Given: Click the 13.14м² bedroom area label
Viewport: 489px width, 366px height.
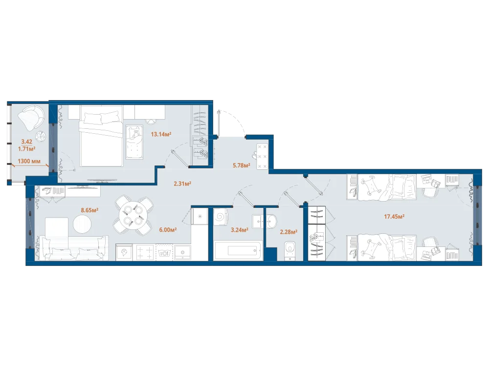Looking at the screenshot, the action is [161, 135].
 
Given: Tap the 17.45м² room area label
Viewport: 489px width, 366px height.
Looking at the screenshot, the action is [394, 216].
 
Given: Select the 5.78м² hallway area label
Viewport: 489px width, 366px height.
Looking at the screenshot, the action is [242, 165].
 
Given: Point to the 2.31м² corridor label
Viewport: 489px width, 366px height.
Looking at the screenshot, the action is [182, 183].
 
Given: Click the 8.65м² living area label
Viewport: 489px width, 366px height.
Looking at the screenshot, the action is [89, 210].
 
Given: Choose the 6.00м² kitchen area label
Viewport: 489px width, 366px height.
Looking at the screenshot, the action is [168, 230].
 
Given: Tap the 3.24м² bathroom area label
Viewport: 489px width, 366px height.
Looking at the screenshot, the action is [240, 230].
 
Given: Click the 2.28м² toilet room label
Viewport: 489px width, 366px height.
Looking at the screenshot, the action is [289, 231].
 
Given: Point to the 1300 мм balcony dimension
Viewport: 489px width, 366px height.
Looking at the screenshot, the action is [29, 161].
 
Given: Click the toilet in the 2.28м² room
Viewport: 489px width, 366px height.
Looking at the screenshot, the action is [290, 250].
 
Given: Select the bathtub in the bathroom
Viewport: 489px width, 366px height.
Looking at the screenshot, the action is [238, 250].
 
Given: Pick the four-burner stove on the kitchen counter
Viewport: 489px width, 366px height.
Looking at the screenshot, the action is [145, 252].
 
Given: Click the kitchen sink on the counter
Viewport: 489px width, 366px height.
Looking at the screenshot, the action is [182, 252].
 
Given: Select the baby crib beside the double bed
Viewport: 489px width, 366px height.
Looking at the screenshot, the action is [134, 142].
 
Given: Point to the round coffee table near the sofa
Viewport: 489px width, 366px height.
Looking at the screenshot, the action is [82, 224].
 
